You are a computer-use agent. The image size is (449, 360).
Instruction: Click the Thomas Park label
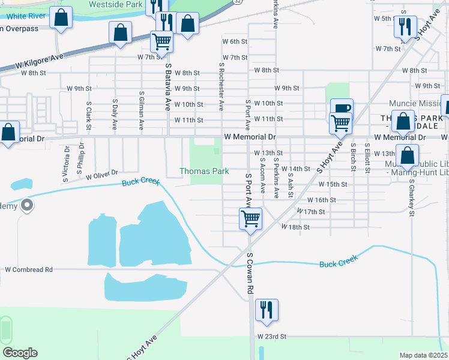[x=204, y=171]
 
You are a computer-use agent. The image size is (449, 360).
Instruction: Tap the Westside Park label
[x=116, y=4]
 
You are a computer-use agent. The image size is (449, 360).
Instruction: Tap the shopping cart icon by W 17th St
[x=250, y=218]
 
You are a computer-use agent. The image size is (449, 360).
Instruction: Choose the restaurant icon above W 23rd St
[x=265, y=310]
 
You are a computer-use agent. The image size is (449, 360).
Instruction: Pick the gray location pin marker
[x=27, y=206]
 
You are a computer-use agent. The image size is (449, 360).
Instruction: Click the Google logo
[x=19, y=353]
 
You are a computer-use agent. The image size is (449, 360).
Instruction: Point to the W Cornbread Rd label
[x=29, y=269]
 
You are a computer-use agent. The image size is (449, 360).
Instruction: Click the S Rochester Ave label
[x=221, y=88]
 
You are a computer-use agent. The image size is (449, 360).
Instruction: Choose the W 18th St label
[x=295, y=227]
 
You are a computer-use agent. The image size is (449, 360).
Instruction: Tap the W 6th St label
[x=235, y=42]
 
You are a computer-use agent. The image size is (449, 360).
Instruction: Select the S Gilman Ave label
[x=141, y=110]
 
